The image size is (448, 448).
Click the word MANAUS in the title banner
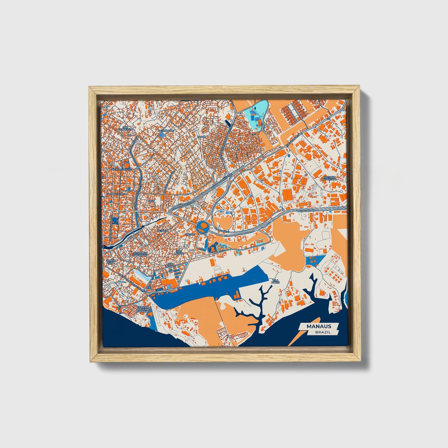tap(318, 326)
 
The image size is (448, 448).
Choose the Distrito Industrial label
tap(329, 178)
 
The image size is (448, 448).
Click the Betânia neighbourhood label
tap(162, 231)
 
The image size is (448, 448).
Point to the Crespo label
tap(190, 235)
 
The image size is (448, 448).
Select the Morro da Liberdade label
tap(140, 254)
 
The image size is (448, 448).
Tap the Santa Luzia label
tap(111, 262)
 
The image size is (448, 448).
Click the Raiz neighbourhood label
tap(151, 201)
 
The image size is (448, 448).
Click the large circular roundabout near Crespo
tap(202, 227)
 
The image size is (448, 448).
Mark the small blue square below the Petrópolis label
tap(162, 135)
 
